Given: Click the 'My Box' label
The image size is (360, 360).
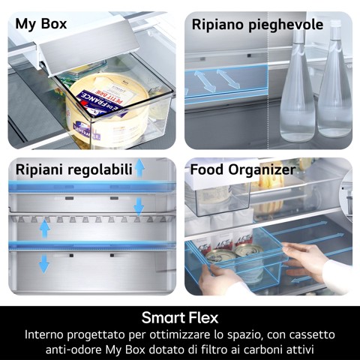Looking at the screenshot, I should coord(41,24).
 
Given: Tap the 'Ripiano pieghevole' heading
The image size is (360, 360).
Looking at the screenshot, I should coord(257,25).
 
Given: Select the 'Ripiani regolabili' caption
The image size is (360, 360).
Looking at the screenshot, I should coord(73,169).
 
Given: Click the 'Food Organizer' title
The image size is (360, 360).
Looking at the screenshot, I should coord(242,169).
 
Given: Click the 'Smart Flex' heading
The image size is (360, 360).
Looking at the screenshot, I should coord(179,316).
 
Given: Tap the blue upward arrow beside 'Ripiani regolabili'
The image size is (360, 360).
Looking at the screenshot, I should coord(139,167).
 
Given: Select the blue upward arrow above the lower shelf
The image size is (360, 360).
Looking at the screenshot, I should coord(44,227).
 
